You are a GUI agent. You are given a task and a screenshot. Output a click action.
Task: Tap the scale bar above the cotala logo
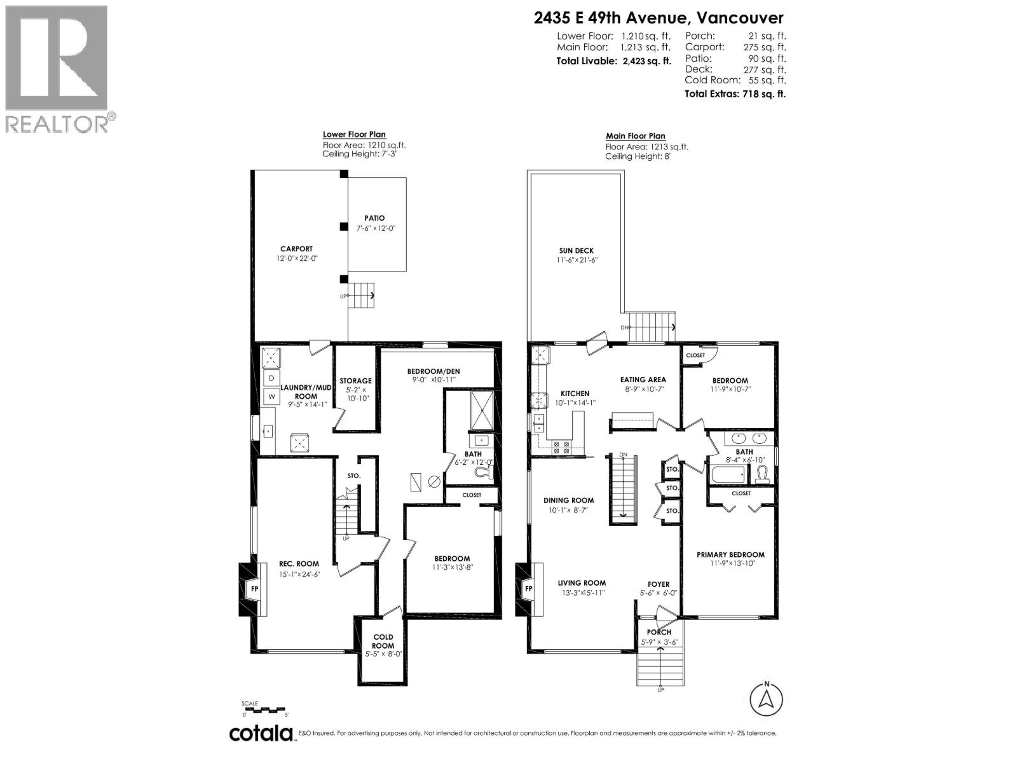pyautogui.click(x=265, y=709)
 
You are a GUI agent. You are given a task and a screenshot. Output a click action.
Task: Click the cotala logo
pyautogui.click(x=261, y=733)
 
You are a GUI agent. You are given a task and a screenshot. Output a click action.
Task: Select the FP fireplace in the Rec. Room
pyautogui.click(x=254, y=589)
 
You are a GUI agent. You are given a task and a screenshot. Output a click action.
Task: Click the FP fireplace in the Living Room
pyautogui.click(x=528, y=589)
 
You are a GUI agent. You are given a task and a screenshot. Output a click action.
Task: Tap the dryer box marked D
pyautogui.click(x=271, y=378)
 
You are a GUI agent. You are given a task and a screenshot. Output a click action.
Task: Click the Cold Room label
pyautogui.click(x=383, y=641)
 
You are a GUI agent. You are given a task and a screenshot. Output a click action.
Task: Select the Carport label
pyautogui.click(x=296, y=249)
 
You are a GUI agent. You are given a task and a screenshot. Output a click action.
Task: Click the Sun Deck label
pyautogui.click(x=577, y=251)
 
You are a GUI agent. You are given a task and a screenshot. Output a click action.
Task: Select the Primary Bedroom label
pyautogui.click(x=730, y=554)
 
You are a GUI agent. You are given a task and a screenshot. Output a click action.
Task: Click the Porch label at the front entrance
pyautogui.click(x=659, y=632)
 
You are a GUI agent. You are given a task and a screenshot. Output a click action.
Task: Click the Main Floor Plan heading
pyautogui.click(x=635, y=135)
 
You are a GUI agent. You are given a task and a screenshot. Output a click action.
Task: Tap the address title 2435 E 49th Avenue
pyautogui.click(x=659, y=18)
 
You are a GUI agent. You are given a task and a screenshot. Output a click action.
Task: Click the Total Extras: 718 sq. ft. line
pyautogui.click(x=735, y=94)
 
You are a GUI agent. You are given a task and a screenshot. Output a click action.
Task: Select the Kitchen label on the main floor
pyautogui.click(x=575, y=394)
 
